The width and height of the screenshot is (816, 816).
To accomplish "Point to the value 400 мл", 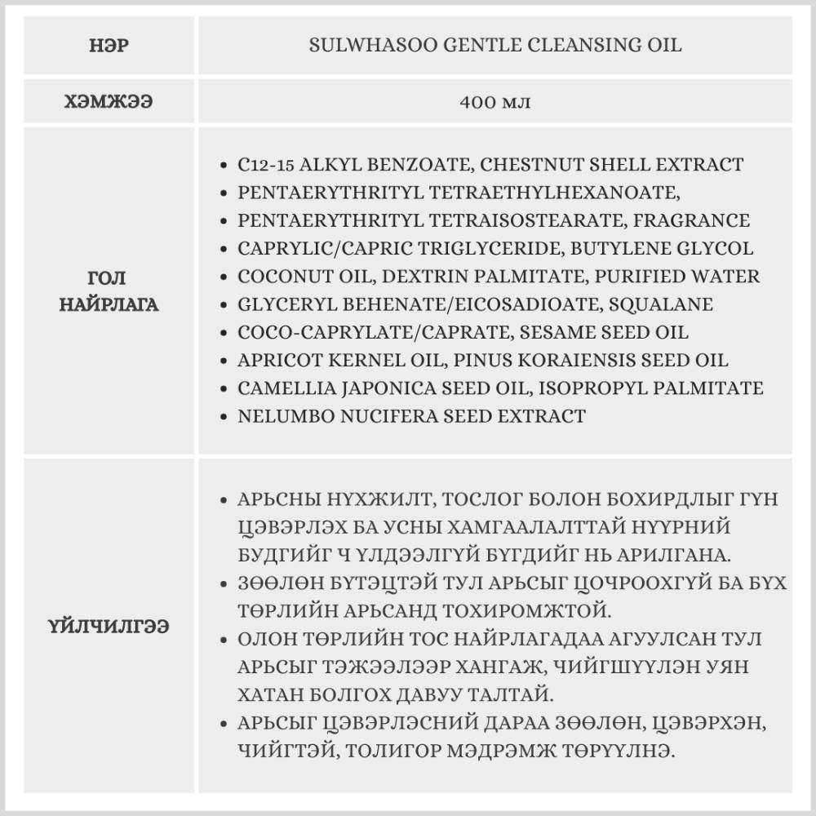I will coord(495,103).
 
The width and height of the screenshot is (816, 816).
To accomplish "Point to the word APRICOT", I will coord(278,361).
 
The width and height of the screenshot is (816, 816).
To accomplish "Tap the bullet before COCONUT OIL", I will coord(224,277).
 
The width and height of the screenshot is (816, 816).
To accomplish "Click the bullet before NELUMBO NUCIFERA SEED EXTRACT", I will coord(224,417).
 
